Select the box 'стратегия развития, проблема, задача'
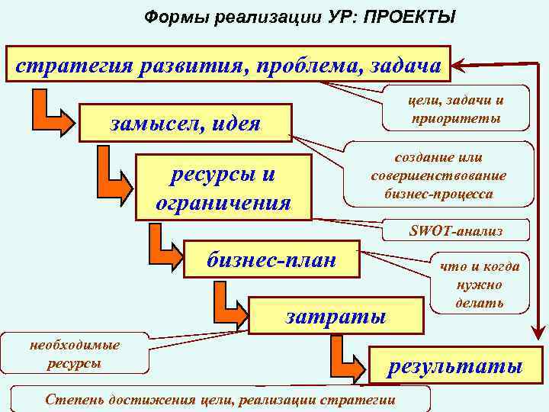click(x=228, y=65)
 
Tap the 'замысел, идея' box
click(x=185, y=123)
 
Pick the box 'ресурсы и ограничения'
click(x=223, y=188)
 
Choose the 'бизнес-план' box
click(x=271, y=259)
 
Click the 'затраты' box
click(x=335, y=316)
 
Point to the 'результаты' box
click(x=455, y=366)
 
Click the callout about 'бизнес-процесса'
click(x=438, y=175)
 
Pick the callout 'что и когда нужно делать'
click(x=478, y=284)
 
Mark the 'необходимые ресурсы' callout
click(x=74, y=354)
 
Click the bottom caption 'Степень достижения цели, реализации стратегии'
click(x=220, y=399)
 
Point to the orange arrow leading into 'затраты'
click(x=227, y=303)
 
